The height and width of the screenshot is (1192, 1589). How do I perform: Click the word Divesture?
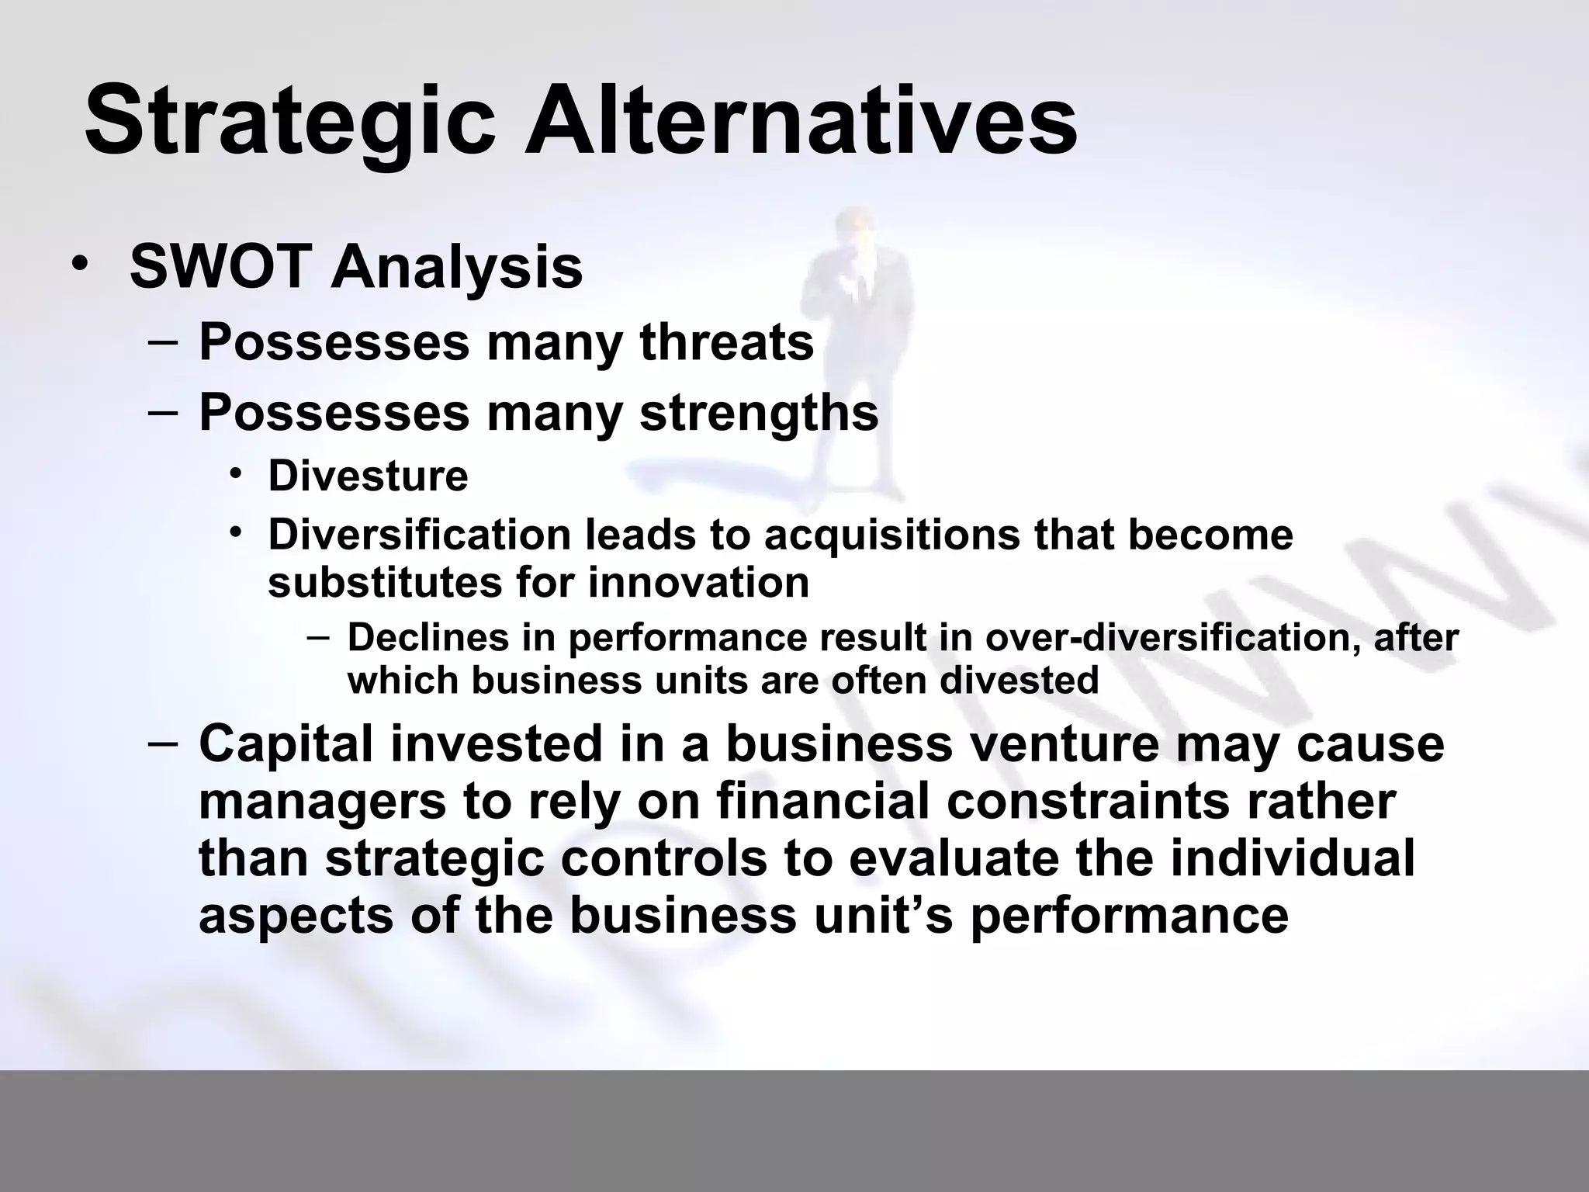[368, 476]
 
